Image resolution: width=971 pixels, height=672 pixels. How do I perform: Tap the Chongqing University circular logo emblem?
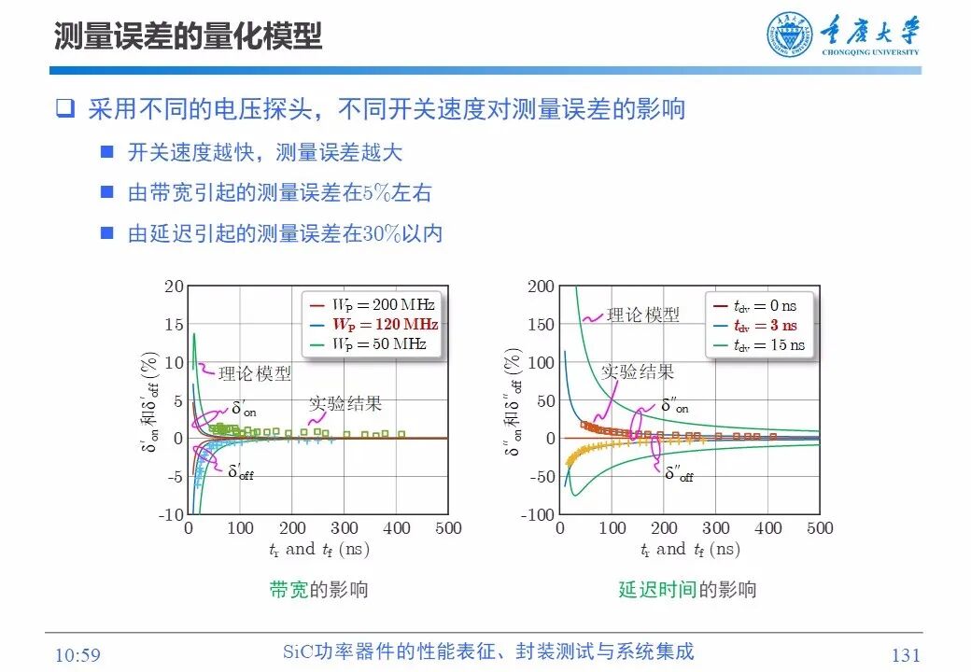790,35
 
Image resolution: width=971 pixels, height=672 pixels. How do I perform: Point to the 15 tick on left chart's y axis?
174,324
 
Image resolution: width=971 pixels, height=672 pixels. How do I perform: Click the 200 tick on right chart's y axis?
542,286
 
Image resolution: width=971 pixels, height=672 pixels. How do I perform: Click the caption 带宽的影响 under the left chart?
318,589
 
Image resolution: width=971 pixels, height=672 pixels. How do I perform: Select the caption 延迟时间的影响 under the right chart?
687,589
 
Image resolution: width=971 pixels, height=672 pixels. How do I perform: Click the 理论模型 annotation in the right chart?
643,315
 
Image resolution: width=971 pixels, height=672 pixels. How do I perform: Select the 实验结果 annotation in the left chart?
346,403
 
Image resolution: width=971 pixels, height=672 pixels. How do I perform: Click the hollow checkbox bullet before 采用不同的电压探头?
64,108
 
